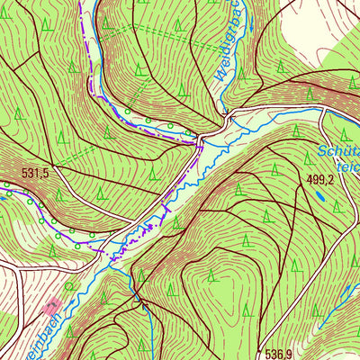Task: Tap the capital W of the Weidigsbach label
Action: coord(220,90)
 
